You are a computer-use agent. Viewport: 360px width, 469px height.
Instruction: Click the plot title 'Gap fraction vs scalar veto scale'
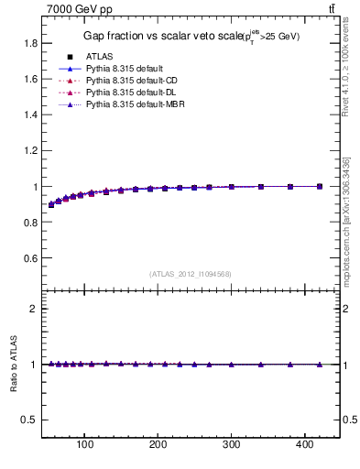(156, 36)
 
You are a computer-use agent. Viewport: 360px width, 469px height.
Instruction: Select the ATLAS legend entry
(100, 57)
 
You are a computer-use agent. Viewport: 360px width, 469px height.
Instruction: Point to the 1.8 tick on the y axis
(31, 43)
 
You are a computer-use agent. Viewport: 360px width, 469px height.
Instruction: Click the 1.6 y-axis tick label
(31, 79)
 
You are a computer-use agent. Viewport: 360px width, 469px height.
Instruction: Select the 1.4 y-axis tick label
(31, 115)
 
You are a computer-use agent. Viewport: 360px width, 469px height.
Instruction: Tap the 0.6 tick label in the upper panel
(31, 258)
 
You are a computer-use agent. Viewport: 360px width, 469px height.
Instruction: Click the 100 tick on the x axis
(85, 447)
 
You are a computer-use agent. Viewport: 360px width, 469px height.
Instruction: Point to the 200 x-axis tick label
(158, 447)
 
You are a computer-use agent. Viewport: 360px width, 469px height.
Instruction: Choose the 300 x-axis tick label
(232, 447)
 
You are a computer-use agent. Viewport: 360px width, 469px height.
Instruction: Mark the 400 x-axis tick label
(305, 447)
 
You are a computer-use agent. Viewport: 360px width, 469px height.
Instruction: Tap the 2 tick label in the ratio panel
(35, 309)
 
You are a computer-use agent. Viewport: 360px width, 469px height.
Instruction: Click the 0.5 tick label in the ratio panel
(31, 420)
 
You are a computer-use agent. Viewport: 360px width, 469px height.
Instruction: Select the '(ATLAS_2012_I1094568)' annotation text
(191, 273)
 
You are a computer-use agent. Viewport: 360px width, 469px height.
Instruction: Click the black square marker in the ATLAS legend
(69, 57)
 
